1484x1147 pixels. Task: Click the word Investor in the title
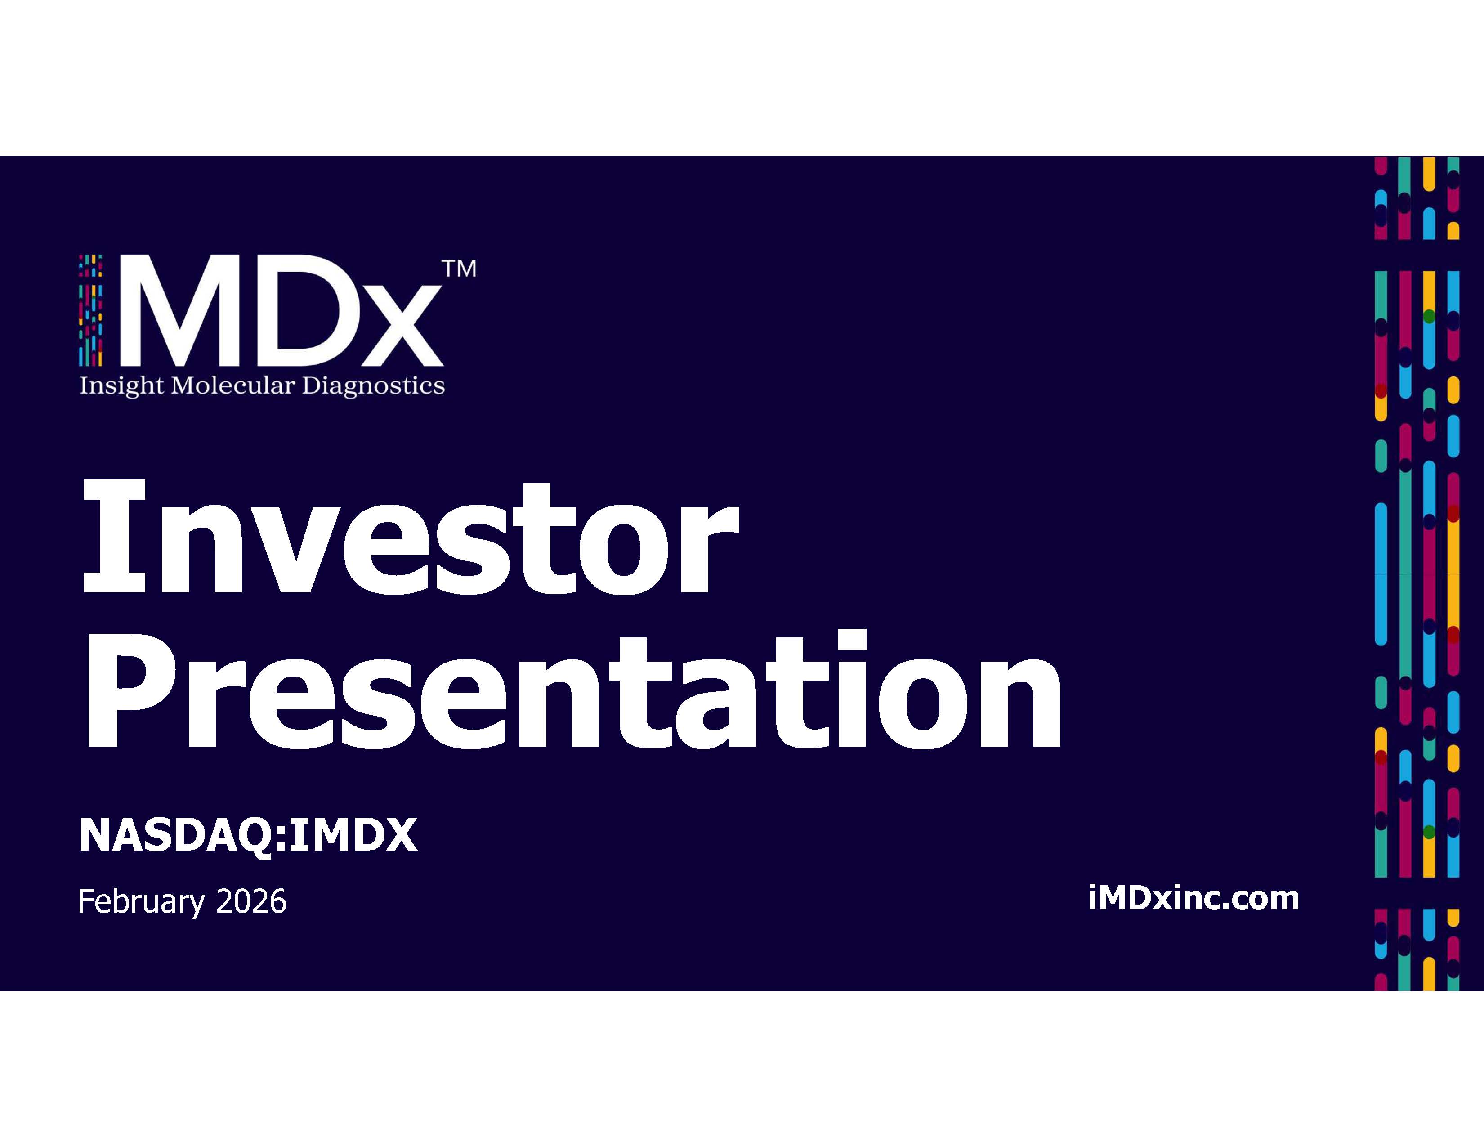(410, 536)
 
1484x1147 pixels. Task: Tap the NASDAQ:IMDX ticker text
(248, 835)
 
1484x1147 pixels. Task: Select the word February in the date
(141, 902)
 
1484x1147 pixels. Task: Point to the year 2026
(251, 902)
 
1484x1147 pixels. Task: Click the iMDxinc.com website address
(1193, 898)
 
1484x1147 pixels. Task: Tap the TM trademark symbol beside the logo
(459, 269)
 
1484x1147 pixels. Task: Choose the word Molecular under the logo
(233, 385)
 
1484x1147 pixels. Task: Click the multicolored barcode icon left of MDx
(90, 310)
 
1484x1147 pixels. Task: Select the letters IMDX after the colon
(353, 835)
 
